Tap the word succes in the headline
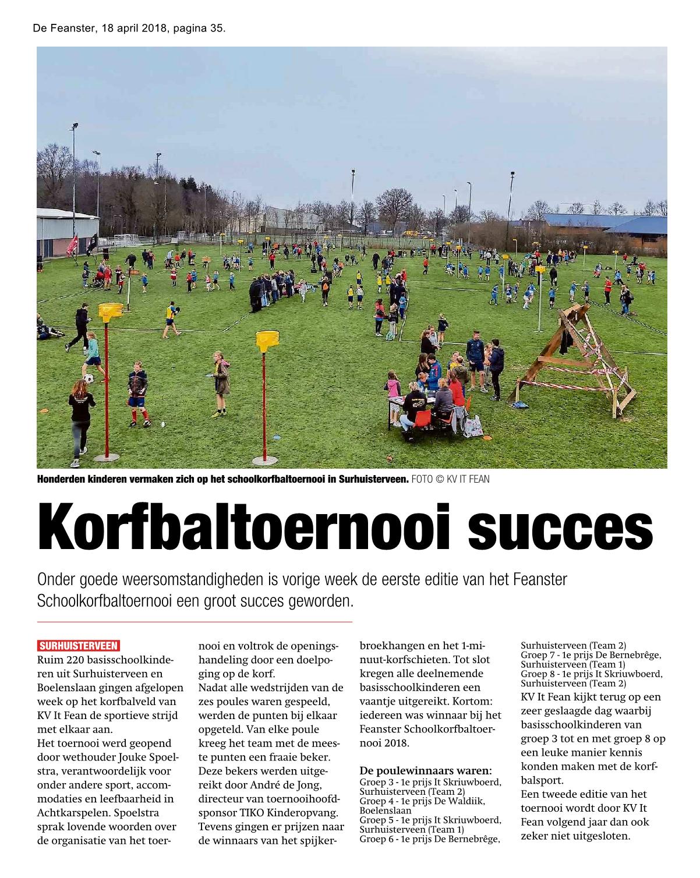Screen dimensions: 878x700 coord(560,528)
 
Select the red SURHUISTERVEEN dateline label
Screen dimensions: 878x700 coord(79,646)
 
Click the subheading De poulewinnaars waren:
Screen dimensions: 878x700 coord(426,771)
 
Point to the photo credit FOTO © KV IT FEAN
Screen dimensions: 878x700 coord(450,479)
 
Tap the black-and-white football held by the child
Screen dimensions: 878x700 coord(89,378)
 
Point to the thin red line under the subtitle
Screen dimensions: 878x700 coord(195,622)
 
